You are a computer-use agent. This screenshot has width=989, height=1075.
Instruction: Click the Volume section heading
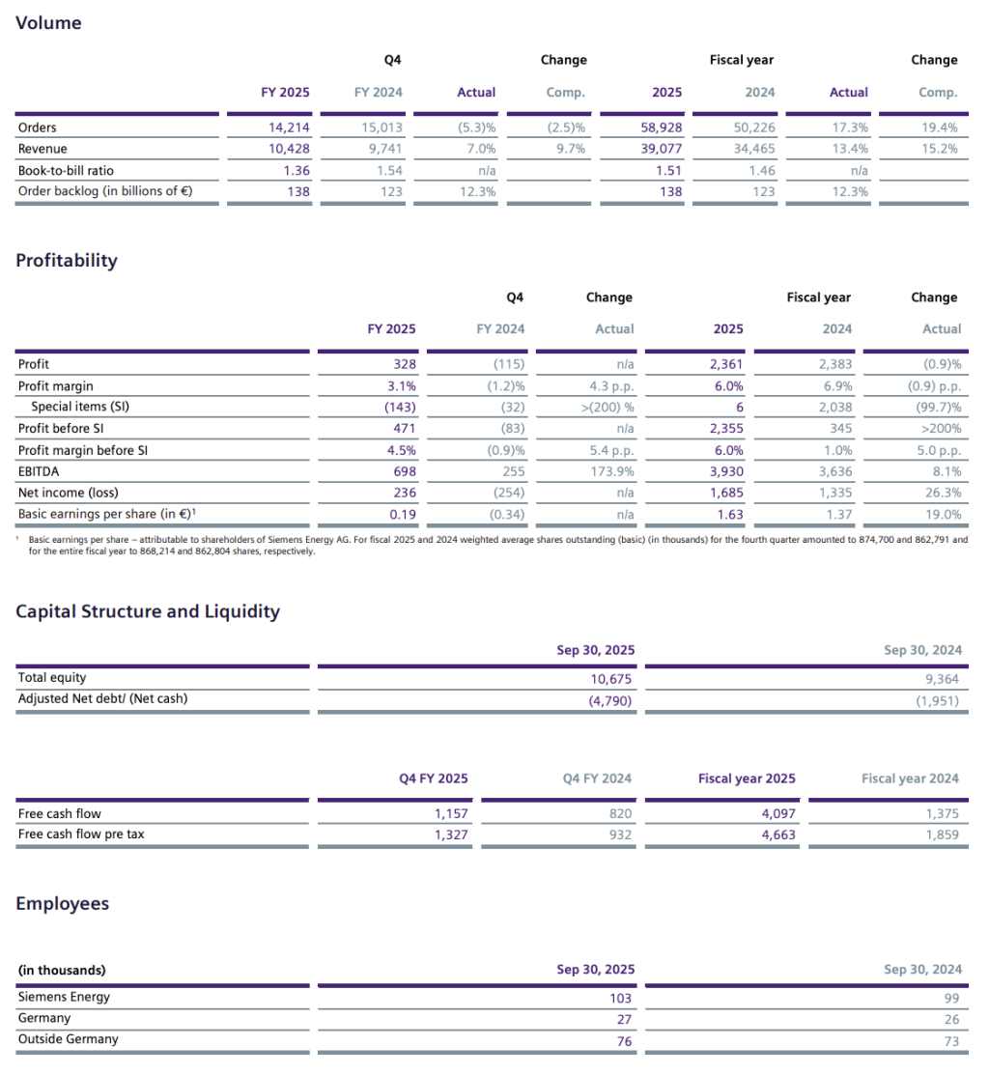(49, 23)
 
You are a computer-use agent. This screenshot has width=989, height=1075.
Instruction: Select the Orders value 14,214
(289, 127)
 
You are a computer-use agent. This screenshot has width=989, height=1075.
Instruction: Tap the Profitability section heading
(67, 260)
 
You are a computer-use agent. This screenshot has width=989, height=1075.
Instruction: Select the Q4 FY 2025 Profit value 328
(405, 364)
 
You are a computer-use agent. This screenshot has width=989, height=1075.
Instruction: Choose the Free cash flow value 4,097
(777, 813)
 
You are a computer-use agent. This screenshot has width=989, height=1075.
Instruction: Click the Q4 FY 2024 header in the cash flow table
(597, 778)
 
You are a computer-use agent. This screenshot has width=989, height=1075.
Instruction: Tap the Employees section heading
(63, 904)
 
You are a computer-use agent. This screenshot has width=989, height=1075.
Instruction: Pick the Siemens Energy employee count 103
(620, 998)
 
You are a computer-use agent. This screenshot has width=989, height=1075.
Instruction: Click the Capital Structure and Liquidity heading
(148, 611)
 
